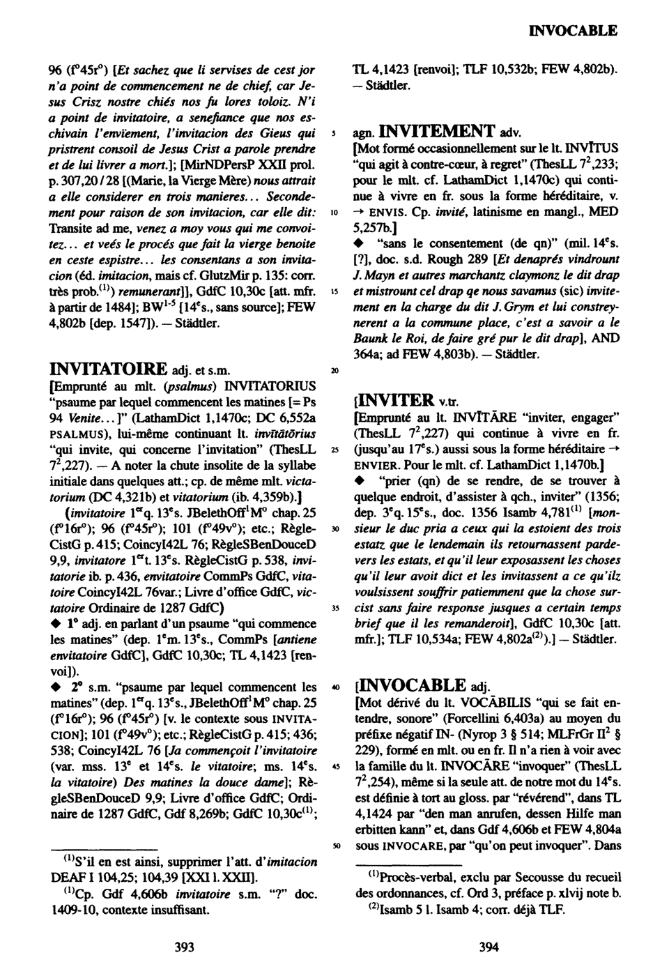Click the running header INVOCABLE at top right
(x=574, y=31)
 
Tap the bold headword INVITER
(x=399, y=399)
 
